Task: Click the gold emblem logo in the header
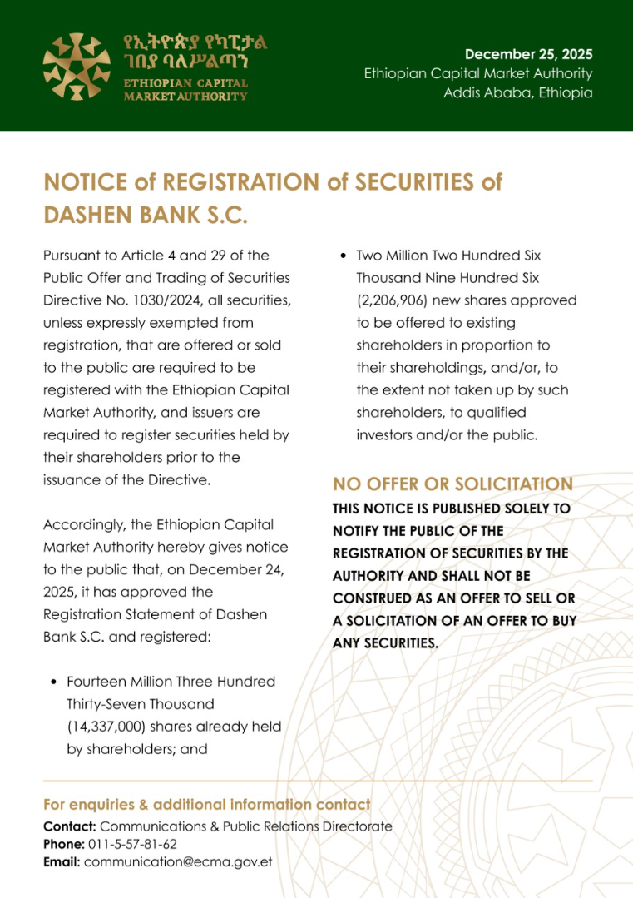coord(77,66)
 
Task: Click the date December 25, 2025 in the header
coord(528,55)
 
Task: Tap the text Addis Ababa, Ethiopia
coord(517,92)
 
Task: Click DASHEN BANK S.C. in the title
coord(146,216)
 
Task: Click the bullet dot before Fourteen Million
coord(53,682)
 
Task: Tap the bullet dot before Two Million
coord(343,256)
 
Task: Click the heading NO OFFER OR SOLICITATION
coord(452,484)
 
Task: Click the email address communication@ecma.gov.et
coord(178,862)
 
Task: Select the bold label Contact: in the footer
coord(70,827)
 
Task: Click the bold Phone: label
coord(64,845)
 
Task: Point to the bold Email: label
coord(62,862)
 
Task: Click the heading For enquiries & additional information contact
coord(207,805)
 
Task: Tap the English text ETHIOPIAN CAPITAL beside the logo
coord(185,84)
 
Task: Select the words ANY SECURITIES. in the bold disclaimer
coord(384,642)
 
